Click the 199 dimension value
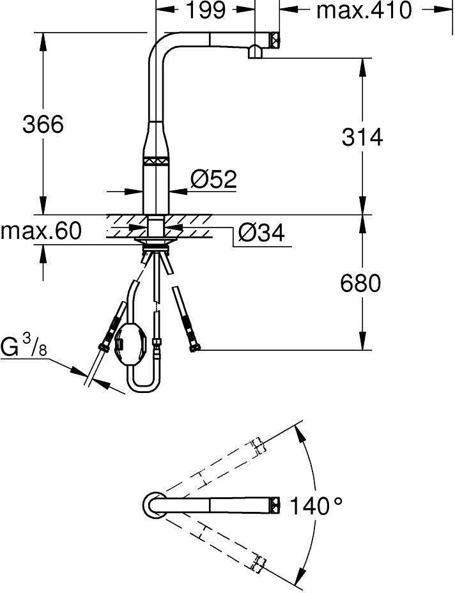(x=206, y=10)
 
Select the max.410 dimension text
(x=364, y=10)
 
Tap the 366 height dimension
(x=43, y=124)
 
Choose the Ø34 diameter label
(x=261, y=233)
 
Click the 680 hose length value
(x=360, y=283)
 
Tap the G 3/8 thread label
(x=24, y=346)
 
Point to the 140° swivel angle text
(x=316, y=505)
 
